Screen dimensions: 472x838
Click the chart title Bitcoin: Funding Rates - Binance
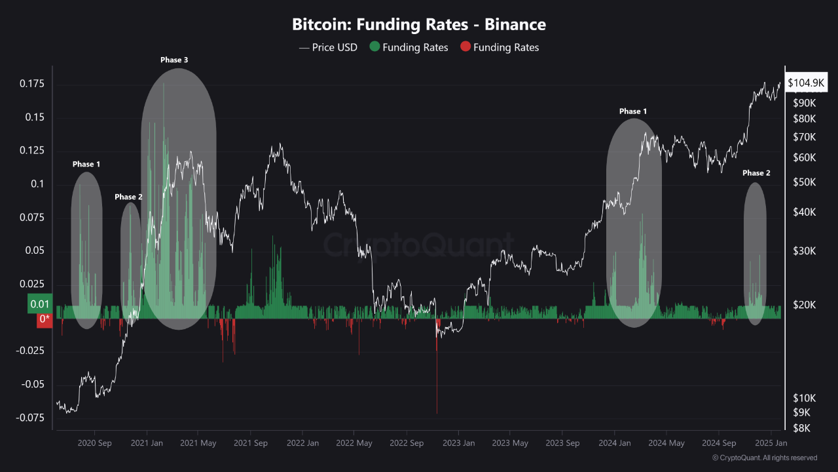[419, 25]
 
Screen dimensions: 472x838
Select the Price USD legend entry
[328, 47]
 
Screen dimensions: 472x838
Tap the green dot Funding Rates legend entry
[409, 47]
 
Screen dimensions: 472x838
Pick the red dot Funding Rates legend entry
[500, 47]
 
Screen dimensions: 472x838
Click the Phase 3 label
[174, 60]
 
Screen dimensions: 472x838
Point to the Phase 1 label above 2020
[86, 164]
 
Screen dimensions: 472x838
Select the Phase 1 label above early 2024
[633, 111]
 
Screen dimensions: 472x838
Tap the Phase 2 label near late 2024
[756, 173]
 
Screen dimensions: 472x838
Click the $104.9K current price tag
[806, 83]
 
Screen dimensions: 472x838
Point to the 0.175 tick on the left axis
[31, 84]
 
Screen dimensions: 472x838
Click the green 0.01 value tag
[39, 304]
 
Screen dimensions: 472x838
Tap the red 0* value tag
[45, 319]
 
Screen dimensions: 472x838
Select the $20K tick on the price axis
[803, 305]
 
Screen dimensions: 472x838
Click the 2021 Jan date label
[147, 443]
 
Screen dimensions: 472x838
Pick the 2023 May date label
[510, 443]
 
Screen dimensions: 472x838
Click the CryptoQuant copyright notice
[765, 458]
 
